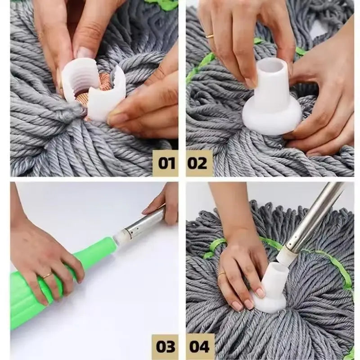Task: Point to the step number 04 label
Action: tap(199, 347)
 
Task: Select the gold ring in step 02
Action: tap(210, 36)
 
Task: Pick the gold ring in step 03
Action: tap(47, 275)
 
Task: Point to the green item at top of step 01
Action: tap(164, 4)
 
